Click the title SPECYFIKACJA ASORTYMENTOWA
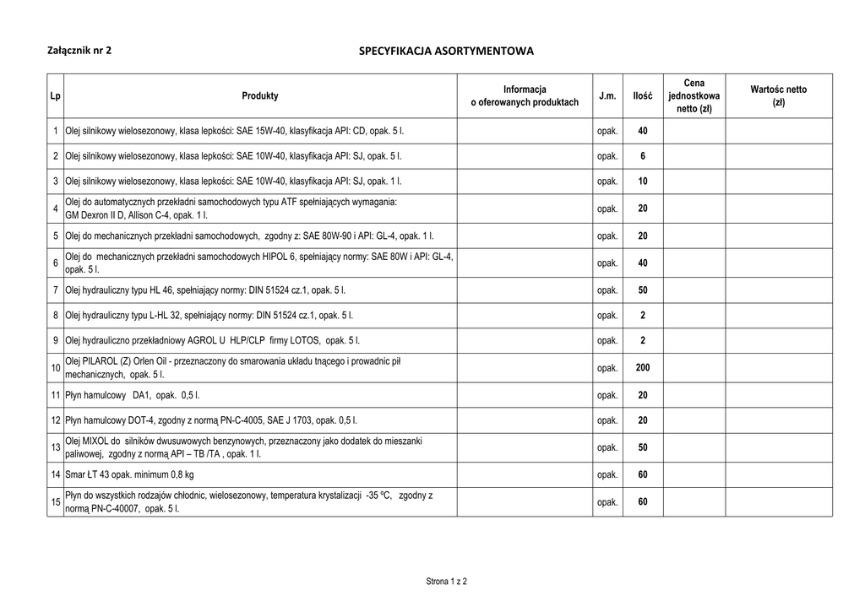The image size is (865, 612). point(446,51)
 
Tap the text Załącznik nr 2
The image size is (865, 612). point(79,50)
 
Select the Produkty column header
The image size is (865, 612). point(260,96)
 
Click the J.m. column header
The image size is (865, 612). point(607,96)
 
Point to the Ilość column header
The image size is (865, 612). point(643,96)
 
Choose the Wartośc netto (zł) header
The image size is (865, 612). point(778,95)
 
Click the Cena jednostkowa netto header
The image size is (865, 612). point(694,96)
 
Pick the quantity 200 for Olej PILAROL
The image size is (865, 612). point(643,368)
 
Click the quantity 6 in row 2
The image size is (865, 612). point(643,156)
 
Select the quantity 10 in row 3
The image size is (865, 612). point(643,181)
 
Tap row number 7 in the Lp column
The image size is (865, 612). point(55,290)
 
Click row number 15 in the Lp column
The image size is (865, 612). point(55,502)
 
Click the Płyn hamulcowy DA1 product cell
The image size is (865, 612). point(132,395)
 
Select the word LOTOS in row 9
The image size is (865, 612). point(303,341)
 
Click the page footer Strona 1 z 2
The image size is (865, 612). point(446,582)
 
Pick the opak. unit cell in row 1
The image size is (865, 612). point(607,132)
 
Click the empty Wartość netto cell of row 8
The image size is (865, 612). point(778,316)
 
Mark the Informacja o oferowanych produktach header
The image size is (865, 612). point(525,96)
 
